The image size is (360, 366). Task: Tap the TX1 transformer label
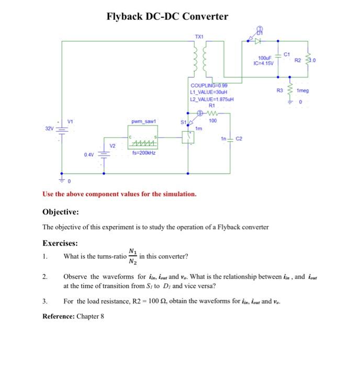pyautogui.click(x=199, y=36)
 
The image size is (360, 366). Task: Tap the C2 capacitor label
pyautogui.click(x=240, y=139)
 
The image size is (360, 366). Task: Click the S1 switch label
pyautogui.click(x=184, y=122)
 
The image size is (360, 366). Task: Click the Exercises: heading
pyautogui.click(x=60, y=243)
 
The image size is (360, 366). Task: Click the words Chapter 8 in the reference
pyautogui.click(x=90, y=316)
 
